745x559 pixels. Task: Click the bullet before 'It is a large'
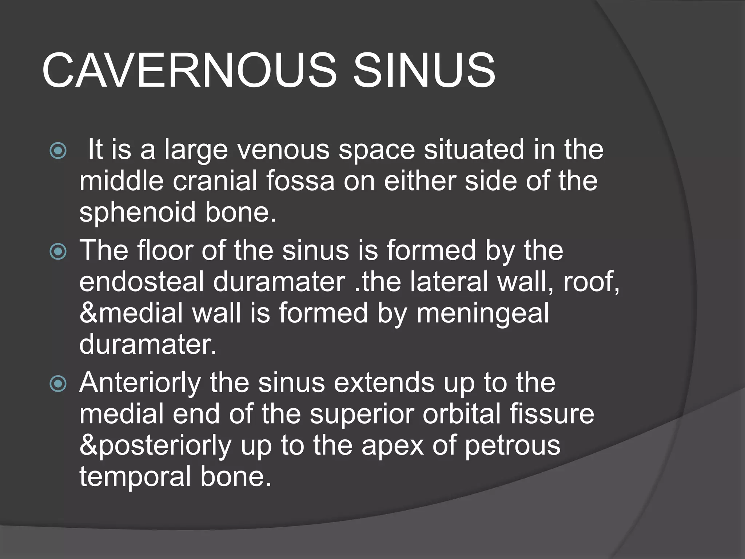pos(58,151)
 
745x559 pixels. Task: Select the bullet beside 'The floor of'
pos(58,251)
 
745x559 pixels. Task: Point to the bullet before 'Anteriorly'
pos(58,384)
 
